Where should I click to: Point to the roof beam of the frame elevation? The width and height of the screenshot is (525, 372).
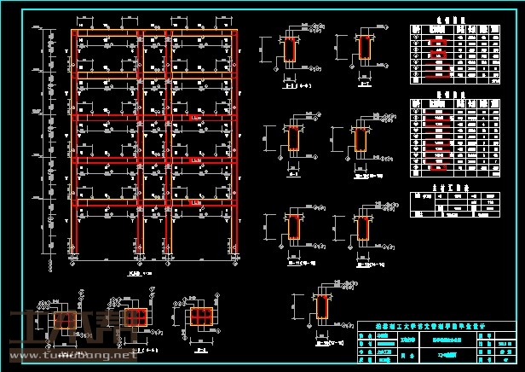[153, 32]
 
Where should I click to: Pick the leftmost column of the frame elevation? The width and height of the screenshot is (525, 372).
[75, 145]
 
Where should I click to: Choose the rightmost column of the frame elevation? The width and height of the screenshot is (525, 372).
[232, 145]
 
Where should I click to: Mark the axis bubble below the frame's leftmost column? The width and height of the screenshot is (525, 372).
[75, 264]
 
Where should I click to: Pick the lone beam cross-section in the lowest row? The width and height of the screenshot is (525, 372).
[323, 308]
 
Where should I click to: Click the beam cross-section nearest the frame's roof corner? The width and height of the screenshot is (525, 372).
[291, 50]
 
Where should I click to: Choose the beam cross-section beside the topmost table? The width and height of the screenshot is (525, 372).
[366, 50]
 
